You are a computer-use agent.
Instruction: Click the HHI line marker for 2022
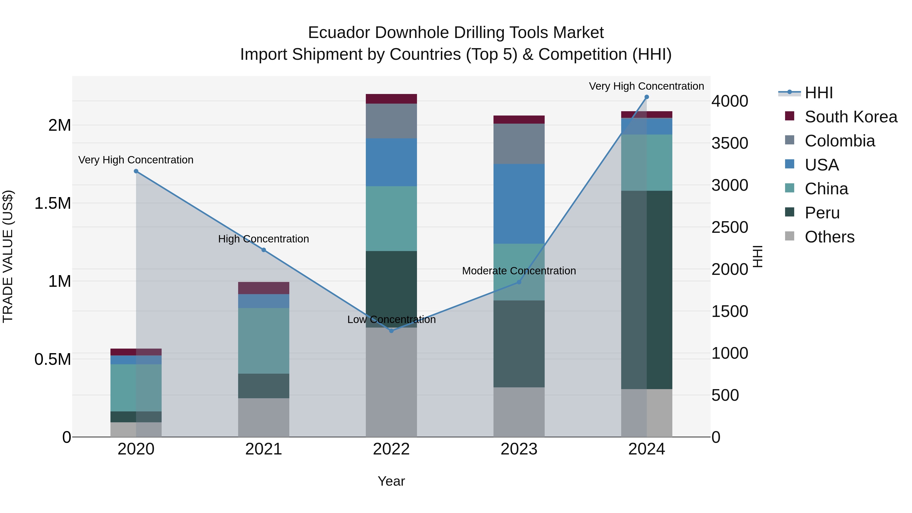click(x=391, y=331)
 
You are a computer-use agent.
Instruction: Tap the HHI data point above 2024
click(x=647, y=97)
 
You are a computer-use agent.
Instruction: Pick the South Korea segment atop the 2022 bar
click(x=391, y=99)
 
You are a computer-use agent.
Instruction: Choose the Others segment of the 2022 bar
click(x=391, y=382)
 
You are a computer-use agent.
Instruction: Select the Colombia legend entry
click(x=840, y=141)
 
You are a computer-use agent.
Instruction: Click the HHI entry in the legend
click(x=818, y=93)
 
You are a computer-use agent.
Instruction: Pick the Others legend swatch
click(x=789, y=236)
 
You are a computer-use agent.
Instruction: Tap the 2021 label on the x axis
click(x=263, y=449)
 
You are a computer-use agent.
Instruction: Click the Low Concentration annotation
click(x=391, y=319)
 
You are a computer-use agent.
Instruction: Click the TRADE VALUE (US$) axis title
click(x=8, y=256)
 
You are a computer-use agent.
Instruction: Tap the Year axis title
click(x=391, y=481)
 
